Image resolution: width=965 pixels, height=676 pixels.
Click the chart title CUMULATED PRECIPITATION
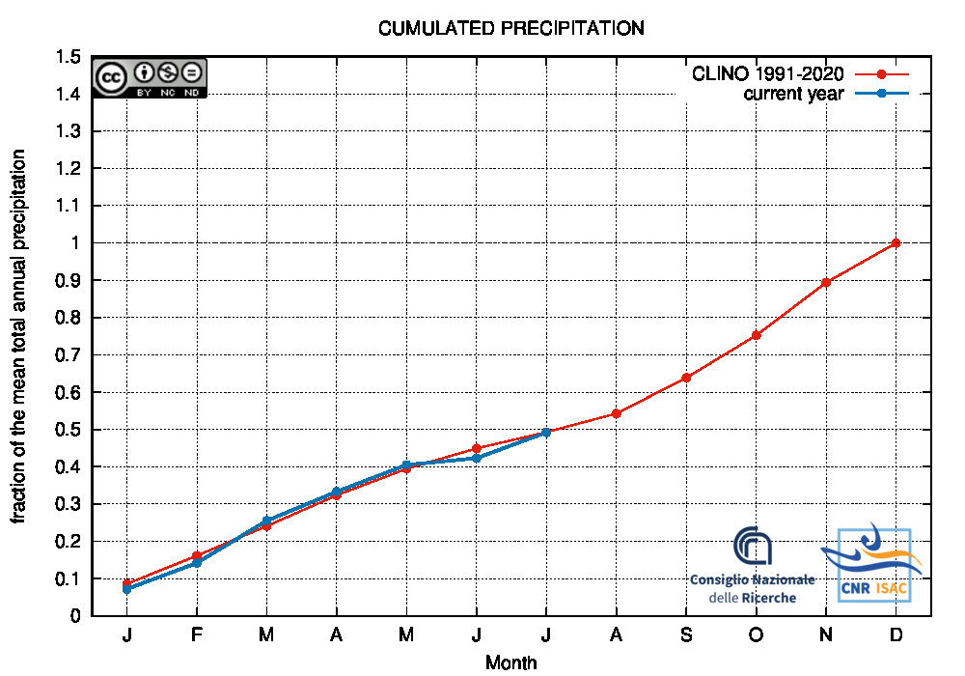(510, 28)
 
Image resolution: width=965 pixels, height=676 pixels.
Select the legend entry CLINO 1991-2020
(768, 73)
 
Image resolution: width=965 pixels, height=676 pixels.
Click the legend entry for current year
(793, 94)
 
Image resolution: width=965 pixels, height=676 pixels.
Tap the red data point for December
(896, 243)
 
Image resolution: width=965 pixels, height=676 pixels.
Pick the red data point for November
(826, 282)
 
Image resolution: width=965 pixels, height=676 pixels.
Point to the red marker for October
(756, 335)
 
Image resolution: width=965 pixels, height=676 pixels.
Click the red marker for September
(686, 378)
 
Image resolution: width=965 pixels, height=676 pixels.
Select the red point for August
(616, 413)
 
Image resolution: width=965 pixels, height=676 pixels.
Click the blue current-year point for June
(477, 458)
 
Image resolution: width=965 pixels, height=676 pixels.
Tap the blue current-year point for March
(266, 521)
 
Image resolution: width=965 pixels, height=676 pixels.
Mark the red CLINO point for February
(197, 556)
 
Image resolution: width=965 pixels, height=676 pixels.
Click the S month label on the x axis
(686, 634)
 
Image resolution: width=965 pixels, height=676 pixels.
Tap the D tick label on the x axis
(896, 634)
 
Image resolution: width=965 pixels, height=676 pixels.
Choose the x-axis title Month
(510, 662)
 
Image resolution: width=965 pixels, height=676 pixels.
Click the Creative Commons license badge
(150, 78)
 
